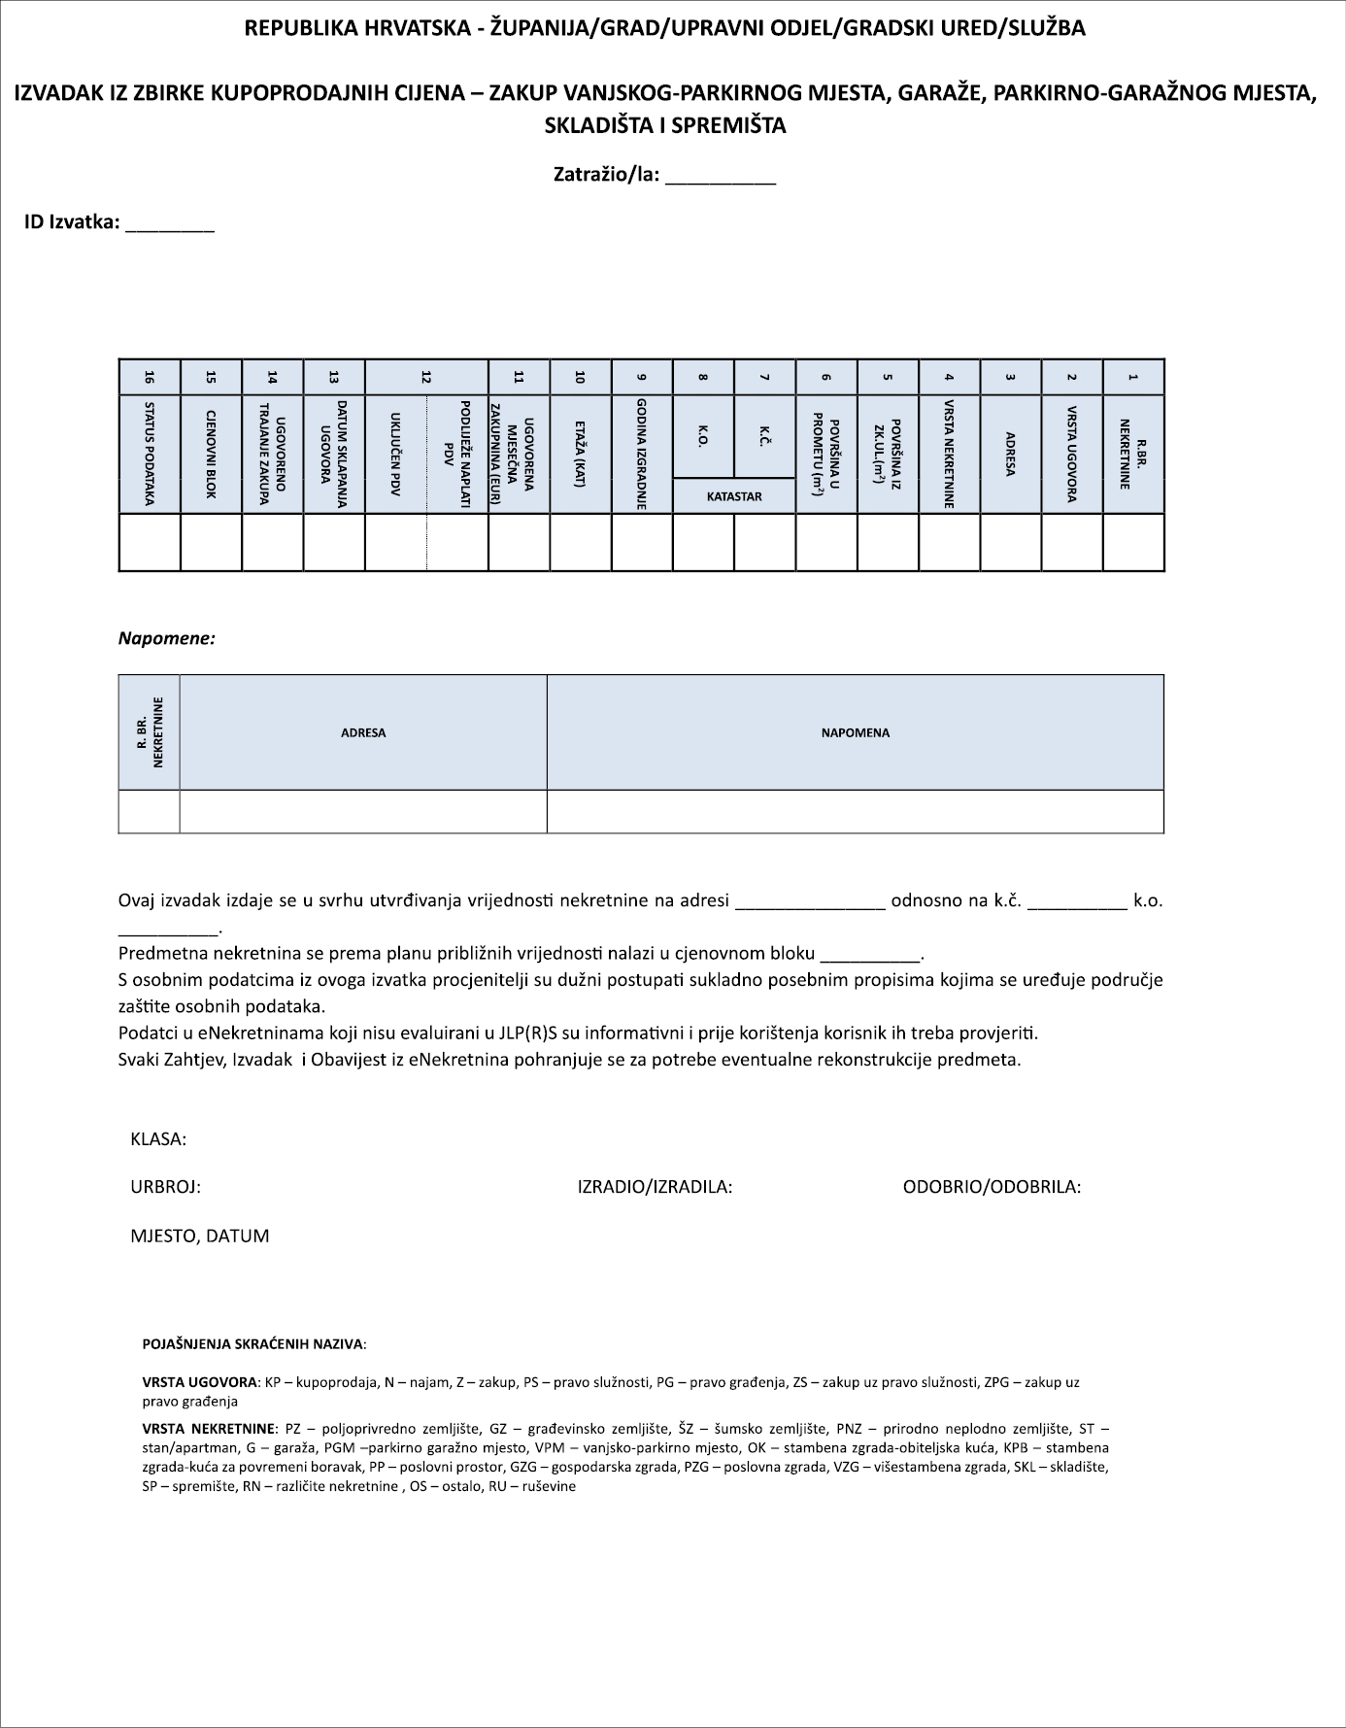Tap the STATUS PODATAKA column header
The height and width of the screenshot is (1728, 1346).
(150, 454)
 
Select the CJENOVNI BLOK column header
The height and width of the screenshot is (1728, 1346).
(211, 454)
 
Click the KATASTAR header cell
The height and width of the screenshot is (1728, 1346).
(734, 496)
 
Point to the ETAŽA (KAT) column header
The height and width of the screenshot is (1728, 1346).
(581, 454)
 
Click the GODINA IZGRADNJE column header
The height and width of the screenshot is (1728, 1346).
(642, 454)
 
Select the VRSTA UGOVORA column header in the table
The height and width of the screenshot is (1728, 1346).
(1072, 454)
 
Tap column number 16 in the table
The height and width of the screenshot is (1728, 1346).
(150, 377)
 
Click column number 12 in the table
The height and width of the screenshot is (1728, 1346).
(426, 377)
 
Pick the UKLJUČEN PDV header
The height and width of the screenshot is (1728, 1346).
(396, 454)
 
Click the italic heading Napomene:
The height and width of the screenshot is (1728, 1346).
(167, 638)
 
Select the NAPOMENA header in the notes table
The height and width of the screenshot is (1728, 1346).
(855, 732)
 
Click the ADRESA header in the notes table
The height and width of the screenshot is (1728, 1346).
(363, 732)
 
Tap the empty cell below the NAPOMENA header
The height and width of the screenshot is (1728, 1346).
(855, 811)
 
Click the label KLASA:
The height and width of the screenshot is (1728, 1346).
(158, 1138)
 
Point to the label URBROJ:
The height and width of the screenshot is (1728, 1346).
(165, 1186)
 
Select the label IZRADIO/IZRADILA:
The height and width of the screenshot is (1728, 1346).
(655, 1186)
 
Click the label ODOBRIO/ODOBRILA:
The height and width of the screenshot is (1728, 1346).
(992, 1186)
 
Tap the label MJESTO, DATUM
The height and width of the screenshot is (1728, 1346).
(199, 1236)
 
